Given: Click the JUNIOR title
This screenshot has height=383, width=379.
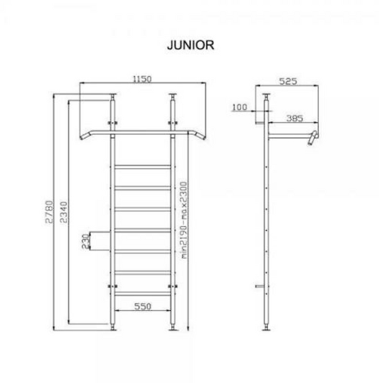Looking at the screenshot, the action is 191,45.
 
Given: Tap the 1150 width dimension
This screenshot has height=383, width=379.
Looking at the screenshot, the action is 142,79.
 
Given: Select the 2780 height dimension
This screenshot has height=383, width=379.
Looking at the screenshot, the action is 49,212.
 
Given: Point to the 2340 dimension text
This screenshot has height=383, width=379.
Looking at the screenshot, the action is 64,212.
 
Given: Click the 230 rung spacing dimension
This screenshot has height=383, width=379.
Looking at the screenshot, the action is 85,241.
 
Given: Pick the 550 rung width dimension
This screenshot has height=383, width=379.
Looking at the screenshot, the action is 143,306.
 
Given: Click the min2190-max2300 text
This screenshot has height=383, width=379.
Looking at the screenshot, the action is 184,220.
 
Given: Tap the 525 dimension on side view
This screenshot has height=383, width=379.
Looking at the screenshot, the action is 288,81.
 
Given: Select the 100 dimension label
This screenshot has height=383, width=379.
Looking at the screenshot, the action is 239,107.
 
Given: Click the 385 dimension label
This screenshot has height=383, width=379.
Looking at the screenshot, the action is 295,119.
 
